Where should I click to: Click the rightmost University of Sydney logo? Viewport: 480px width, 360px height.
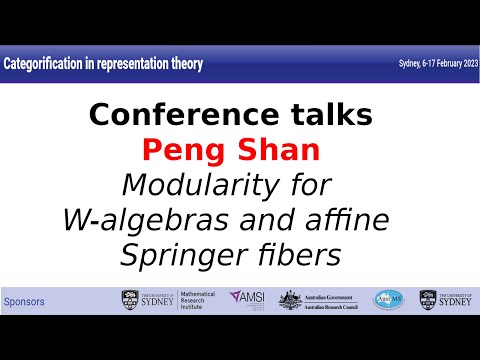tap(442, 300)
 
